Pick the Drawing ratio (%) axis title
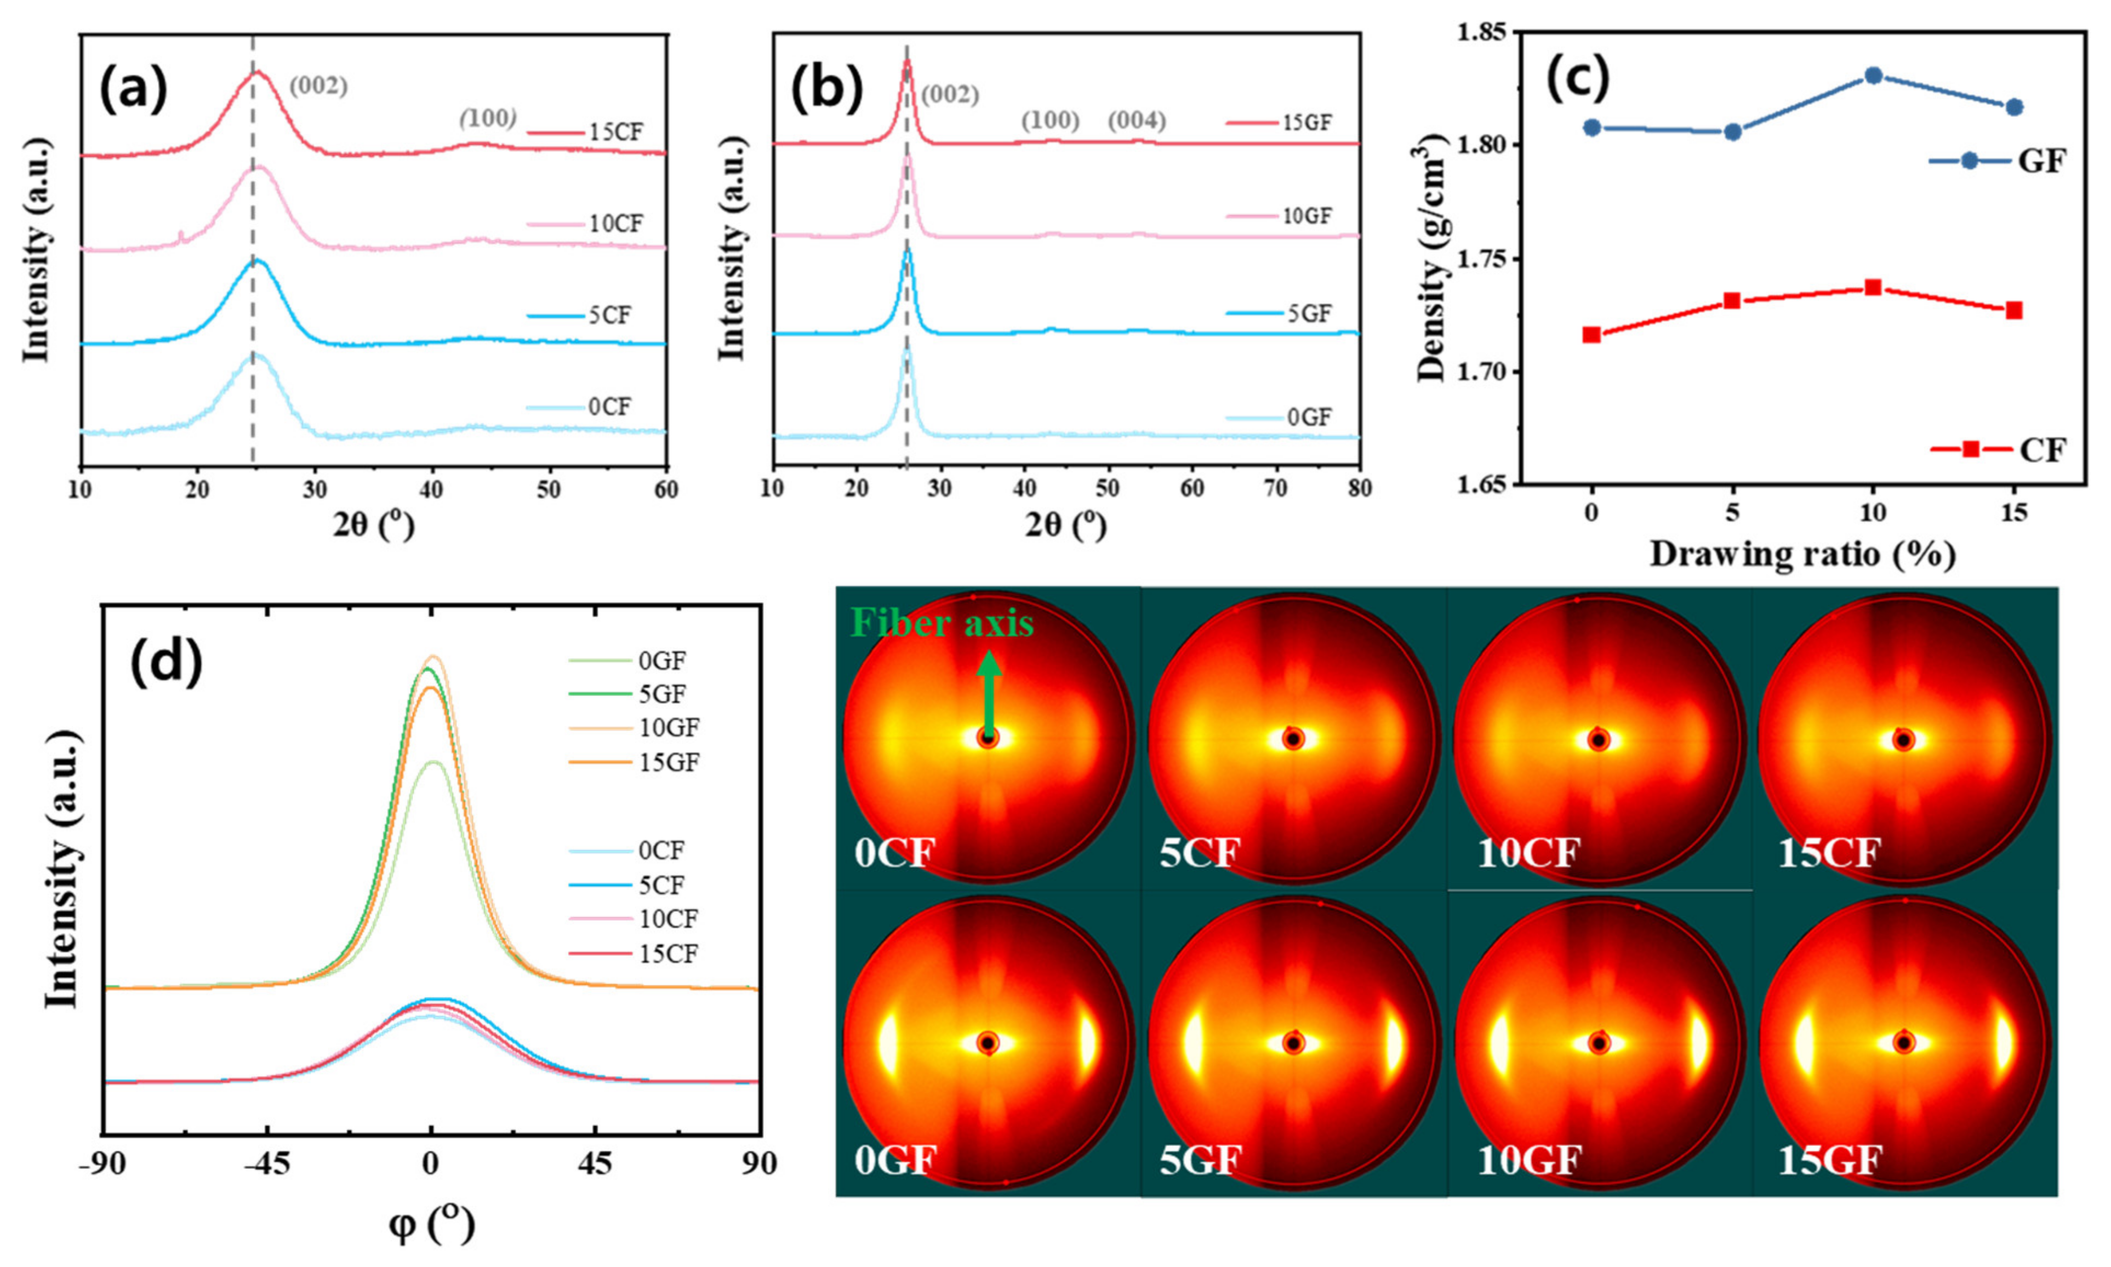tap(1802, 555)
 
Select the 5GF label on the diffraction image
tap(1200, 1160)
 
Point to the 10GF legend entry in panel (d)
tap(669, 727)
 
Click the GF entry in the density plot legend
tap(2040, 161)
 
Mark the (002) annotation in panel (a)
tap(318, 86)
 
